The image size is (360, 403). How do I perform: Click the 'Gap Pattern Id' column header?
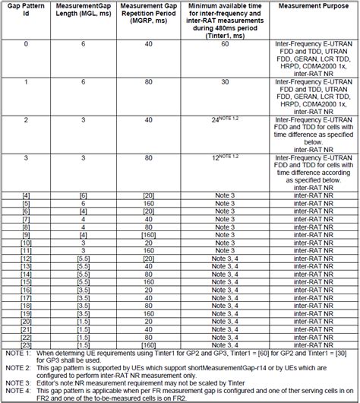[26, 10]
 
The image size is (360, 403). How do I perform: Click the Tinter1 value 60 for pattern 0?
[225, 45]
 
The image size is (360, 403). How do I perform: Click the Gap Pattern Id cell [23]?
[26, 344]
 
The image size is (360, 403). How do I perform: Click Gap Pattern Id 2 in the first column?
[26, 120]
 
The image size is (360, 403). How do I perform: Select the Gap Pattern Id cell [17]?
[26, 297]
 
